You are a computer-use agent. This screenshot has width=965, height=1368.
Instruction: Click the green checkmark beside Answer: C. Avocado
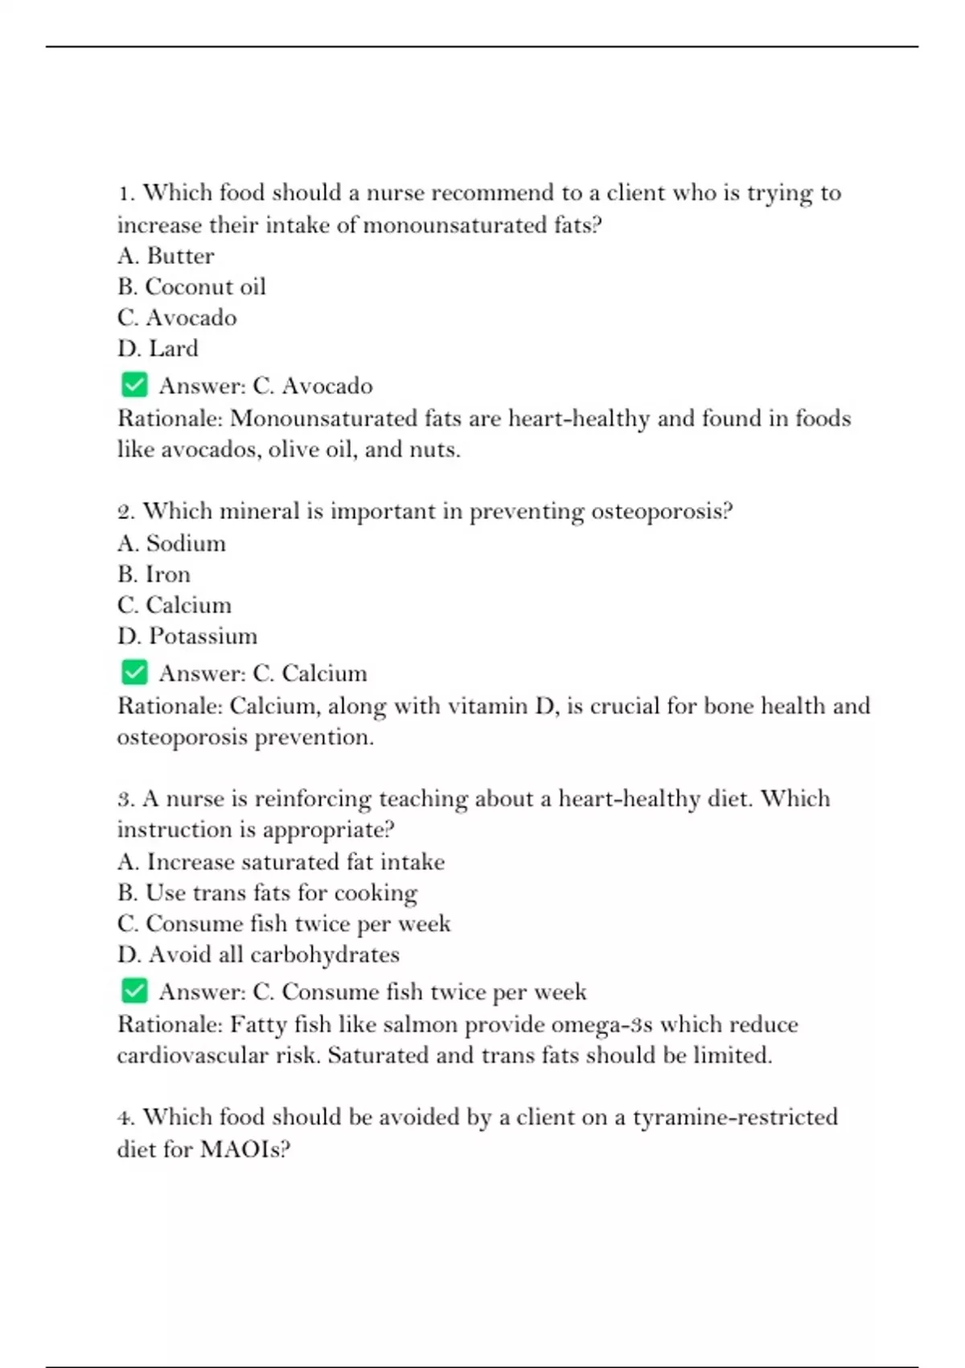134,385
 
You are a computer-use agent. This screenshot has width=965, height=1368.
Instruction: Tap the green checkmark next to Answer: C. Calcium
134,672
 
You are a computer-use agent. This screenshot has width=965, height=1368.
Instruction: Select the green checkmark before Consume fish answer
134,991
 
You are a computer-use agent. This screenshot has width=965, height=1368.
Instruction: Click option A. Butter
166,256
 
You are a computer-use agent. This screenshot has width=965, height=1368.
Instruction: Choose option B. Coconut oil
191,286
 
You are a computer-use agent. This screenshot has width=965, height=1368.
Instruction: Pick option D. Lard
158,348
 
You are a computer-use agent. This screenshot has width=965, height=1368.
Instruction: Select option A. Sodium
171,543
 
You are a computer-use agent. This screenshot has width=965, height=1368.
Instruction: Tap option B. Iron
154,575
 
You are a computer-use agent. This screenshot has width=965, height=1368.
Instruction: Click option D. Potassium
187,636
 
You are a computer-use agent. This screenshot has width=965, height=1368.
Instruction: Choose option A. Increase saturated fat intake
281,862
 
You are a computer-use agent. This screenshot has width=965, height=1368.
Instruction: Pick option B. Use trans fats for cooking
267,892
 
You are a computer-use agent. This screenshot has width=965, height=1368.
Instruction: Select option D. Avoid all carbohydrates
258,954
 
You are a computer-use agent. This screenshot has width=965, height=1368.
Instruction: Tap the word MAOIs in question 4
244,1148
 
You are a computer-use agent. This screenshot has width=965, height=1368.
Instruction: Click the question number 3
125,799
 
